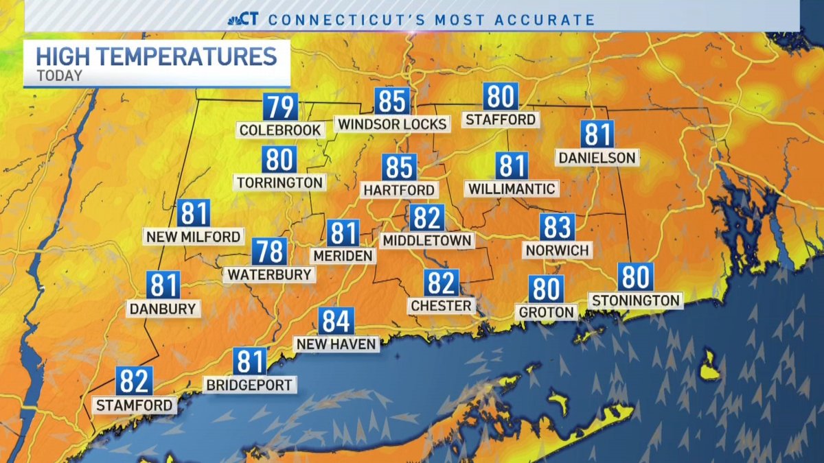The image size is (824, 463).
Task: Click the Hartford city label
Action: point(399,190)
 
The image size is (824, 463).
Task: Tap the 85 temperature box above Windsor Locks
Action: point(393,102)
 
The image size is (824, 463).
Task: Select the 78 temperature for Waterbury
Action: point(268,252)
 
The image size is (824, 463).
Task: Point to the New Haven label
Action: point(336,344)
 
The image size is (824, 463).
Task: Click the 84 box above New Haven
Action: point(336,321)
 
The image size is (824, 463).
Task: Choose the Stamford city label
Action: point(135,405)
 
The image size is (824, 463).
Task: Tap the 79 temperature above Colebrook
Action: point(280,108)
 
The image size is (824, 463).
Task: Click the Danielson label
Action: point(597,158)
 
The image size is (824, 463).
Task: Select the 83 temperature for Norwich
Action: point(557,227)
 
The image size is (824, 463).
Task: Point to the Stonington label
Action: point(636,300)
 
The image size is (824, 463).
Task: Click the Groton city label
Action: point(546,312)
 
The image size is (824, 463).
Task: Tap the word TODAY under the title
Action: point(59,75)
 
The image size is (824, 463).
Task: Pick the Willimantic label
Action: point(512,188)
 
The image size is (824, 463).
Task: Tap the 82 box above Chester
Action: point(441,283)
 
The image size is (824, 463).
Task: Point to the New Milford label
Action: point(194,237)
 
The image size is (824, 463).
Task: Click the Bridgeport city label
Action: point(250,385)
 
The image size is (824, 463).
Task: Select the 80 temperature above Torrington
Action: point(279,160)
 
